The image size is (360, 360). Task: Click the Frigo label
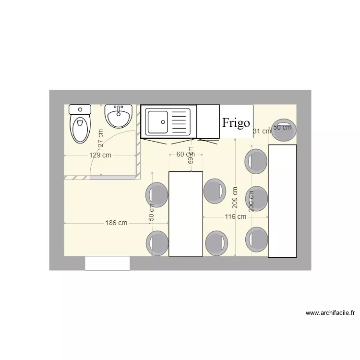tap(236, 122)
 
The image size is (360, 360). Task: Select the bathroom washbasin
tap(118, 116)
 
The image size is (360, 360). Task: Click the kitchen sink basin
tap(157, 122)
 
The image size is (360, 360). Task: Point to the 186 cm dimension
tap(117, 223)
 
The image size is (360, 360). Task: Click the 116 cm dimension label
tap(235, 216)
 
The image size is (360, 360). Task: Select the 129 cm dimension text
tap(100, 155)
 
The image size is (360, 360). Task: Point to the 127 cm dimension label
tap(100, 138)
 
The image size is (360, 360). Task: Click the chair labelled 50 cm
tap(283, 130)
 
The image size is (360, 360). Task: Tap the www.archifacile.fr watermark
tap(330, 313)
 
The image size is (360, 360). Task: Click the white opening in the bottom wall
tap(108, 263)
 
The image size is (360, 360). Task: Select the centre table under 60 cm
tap(186, 214)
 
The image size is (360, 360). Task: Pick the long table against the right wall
tap(282, 201)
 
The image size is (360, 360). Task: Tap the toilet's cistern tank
tap(80, 109)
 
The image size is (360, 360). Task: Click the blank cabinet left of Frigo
tap(208, 121)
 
